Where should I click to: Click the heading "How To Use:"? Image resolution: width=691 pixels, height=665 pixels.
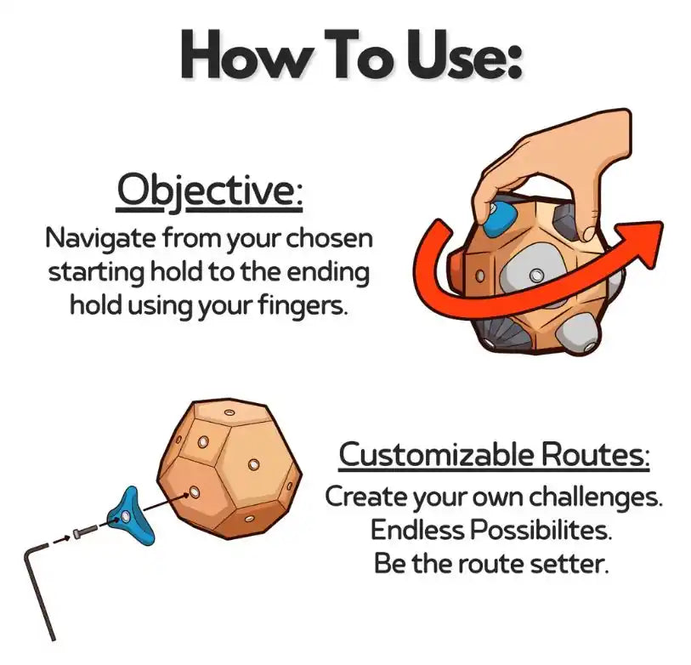tap(351, 54)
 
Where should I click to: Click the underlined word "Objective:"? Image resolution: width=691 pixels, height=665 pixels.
tap(210, 191)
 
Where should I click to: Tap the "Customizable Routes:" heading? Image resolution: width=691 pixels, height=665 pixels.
tap(494, 455)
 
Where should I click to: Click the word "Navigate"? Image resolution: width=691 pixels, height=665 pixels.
tap(100, 240)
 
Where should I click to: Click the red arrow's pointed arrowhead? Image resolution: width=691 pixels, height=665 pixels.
tap(643, 241)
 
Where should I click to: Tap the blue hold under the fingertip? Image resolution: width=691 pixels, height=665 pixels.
tap(499, 219)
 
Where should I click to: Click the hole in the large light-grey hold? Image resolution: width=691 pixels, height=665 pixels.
tap(535, 276)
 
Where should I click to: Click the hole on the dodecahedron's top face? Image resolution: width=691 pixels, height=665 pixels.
tap(229, 412)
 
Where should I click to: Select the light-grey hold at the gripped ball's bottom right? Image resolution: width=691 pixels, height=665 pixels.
tap(577, 335)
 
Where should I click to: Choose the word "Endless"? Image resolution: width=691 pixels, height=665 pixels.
tap(416, 530)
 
